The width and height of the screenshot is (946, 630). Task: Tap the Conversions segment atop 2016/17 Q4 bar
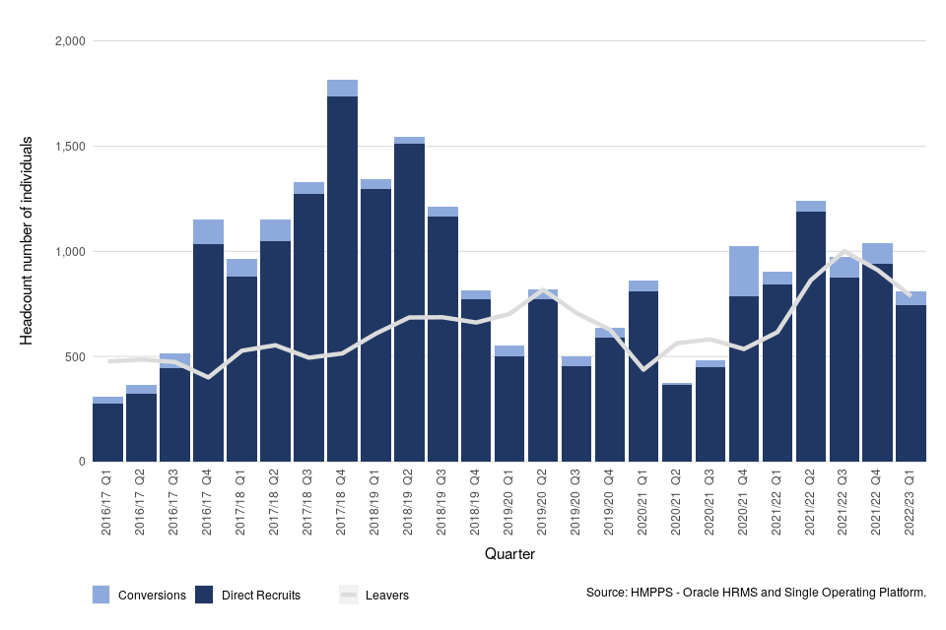click(208, 231)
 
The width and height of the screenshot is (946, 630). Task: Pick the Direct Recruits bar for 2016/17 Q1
click(107, 433)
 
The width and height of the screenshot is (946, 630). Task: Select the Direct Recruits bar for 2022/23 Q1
click(912, 384)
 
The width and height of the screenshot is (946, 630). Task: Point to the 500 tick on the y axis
click(75, 356)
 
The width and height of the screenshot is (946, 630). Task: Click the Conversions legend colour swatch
click(101, 595)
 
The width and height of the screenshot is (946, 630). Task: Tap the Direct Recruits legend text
click(260, 595)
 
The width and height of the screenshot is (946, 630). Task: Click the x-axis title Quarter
click(509, 555)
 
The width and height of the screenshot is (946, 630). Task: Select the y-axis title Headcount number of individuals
click(28, 241)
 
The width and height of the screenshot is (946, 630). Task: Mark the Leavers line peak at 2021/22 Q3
click(845, 251)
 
